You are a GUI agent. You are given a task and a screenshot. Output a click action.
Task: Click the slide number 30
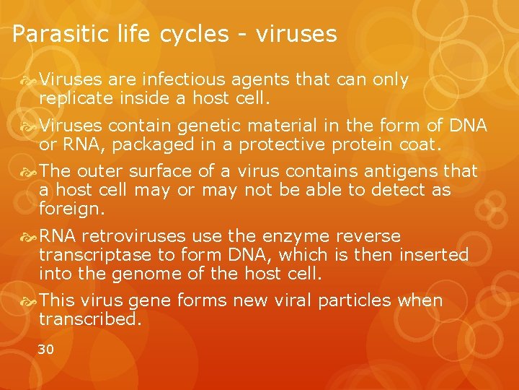click(x=45, y=350)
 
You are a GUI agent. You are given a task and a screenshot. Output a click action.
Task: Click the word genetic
click(x=213, y=126)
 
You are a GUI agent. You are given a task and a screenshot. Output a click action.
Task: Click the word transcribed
click(x=90, y=318)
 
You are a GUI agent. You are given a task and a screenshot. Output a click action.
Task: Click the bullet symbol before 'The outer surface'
click(x=30, y=172)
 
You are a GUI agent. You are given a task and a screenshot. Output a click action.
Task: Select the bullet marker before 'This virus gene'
click(x=30, y=301)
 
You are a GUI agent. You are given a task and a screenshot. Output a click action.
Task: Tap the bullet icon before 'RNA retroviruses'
click(x=30, y=237)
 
